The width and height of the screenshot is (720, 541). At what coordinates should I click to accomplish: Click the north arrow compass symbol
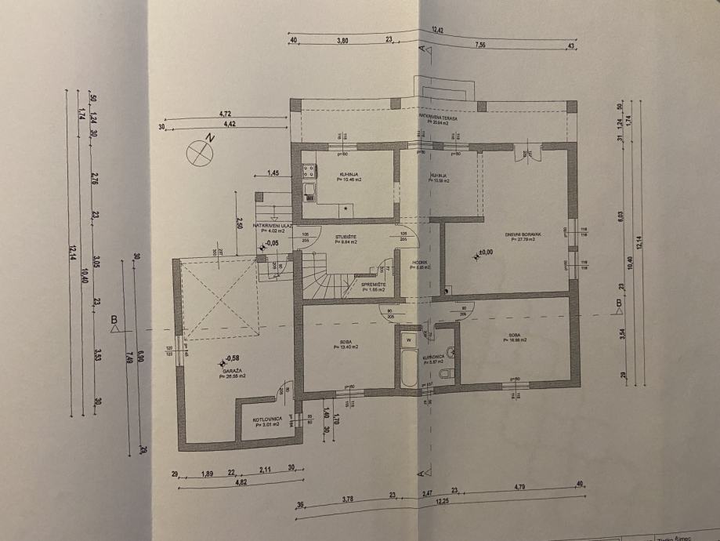pos(201,150)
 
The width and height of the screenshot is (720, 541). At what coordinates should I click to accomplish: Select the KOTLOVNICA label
pos(266,419)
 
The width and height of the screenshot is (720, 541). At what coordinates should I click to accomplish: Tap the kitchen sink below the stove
pos(309,190)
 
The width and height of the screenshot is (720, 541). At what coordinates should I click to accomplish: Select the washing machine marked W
pos(408,339)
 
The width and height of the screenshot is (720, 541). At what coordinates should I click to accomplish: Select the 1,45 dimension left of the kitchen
pos(273,172)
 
